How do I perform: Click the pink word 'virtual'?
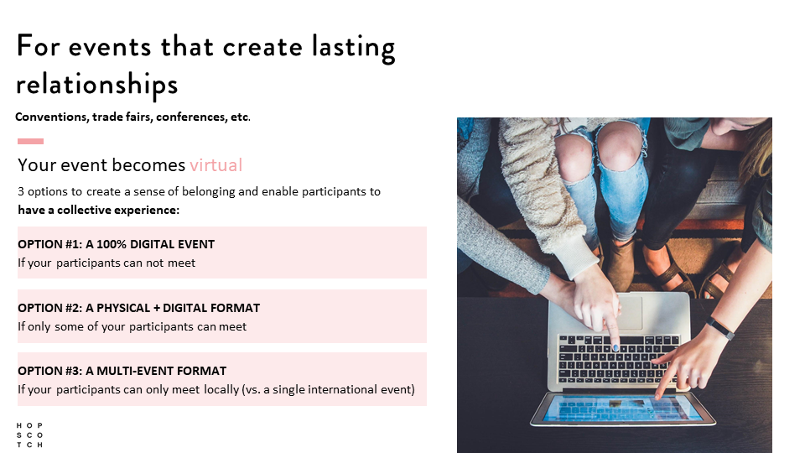tap(216, 165)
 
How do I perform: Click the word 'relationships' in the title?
tap(97, 85)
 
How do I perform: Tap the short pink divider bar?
tap(30, 141)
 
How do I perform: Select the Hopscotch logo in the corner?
tap(29, 435)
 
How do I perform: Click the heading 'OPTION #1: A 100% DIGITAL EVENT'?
tap(116, 244)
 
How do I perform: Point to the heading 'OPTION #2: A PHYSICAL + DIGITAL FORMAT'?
tap(138, 308)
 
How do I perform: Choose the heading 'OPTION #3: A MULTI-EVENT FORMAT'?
tap(122, 371)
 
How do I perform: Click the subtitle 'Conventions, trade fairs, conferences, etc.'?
tap(132, 117)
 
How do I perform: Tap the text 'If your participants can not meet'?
tap(106, 263)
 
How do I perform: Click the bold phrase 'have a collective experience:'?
tap(99, 210)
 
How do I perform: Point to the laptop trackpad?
tap(629, 312)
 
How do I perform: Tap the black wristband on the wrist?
tap(719, 327)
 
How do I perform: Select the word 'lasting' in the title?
tap(353, 48)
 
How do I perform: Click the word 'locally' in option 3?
tap(221, 389)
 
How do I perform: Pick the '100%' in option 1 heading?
tap(112, 244)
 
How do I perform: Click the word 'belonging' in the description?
tap(208, 191)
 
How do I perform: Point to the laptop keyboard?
tap(619, 360)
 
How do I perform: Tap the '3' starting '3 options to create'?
tap(20, 191)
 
